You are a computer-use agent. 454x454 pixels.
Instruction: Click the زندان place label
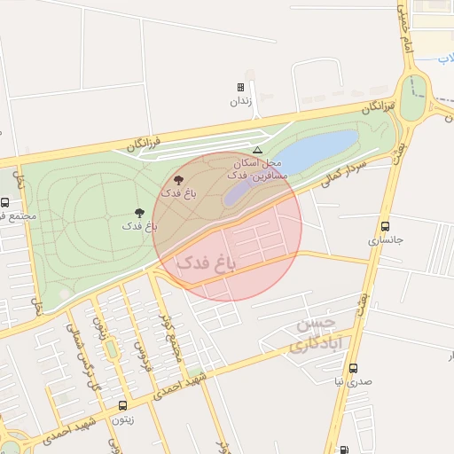(x=241, y=101)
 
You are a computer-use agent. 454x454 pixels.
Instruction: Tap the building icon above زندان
(x=240, y=88)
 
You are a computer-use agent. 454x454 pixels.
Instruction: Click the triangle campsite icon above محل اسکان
(x=257, y=150)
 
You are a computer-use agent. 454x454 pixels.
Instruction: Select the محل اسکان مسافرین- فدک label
(x=258, y=170)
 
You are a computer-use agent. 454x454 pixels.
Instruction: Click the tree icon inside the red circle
(x=178, y=180)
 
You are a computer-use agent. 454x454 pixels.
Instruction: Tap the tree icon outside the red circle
(x=139, y=213)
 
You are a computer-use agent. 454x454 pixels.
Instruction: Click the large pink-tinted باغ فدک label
(x=207, y=262)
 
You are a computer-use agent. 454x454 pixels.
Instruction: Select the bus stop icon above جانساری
(x=385, y=226)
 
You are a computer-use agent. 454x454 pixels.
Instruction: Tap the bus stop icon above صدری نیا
(x=354, y=368)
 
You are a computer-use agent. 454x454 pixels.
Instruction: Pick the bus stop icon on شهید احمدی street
(x=123, y=405)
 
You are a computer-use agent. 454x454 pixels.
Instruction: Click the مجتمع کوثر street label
(x=166, y=332)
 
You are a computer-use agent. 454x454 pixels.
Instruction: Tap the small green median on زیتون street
(x=110, y=348)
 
